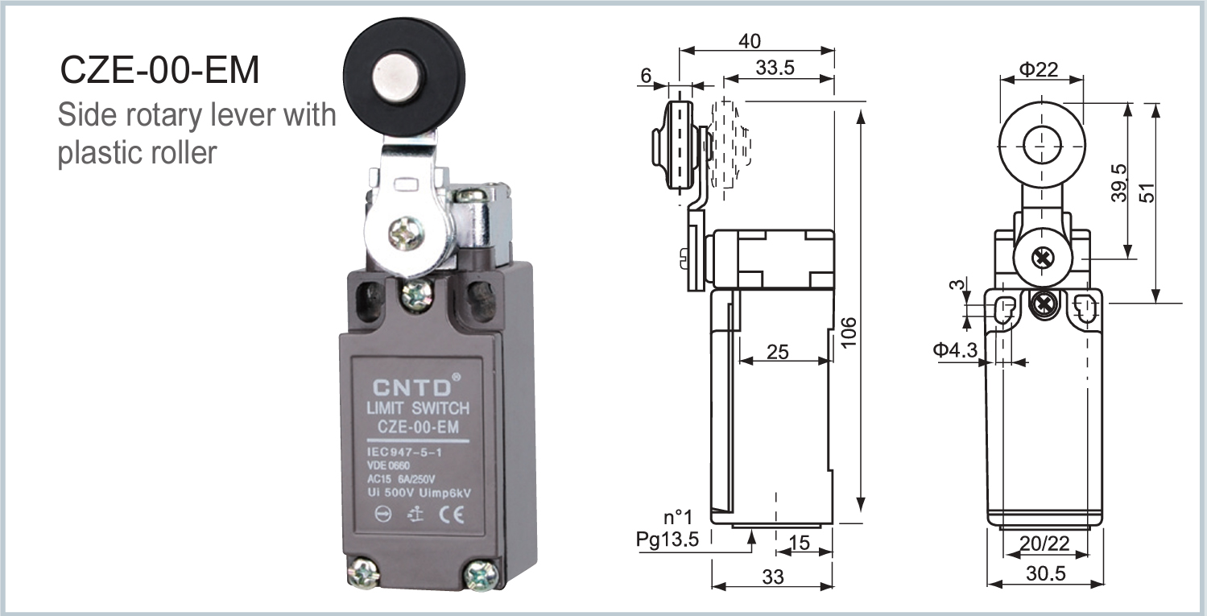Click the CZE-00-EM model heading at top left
pyautogui.click(x=160, y=71)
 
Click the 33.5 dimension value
pyautogui.click(x=775, y=68)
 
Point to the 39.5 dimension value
pyautogui.click(x=1119, y=184)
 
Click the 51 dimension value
pyautogui.click(x=1147, y=192)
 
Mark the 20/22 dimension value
pyautogui.click(x=1044, y=544)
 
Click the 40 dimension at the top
pyautogui.click(x=748, y=41)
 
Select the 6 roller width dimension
pyautogui.click(x=646, y=76)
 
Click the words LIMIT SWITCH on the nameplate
pyautogui.click(x=417, y=408)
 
